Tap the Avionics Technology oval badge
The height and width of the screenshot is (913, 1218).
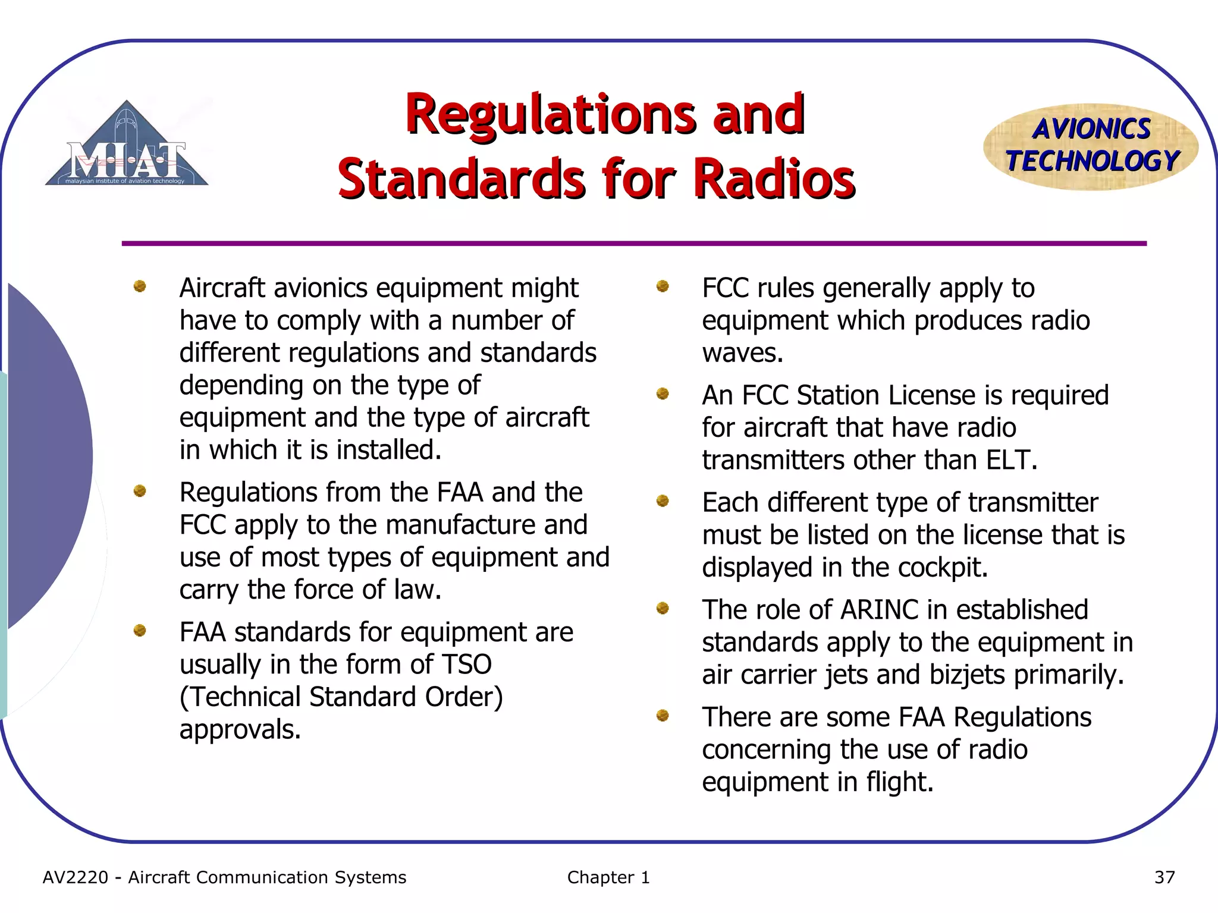[1091, 146]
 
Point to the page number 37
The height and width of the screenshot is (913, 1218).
[1164, 877]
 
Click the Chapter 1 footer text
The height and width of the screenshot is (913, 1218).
[608, 877]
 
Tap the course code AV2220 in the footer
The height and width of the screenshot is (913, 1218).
[76, 877]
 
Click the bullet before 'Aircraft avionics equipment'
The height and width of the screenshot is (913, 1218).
[140, 287]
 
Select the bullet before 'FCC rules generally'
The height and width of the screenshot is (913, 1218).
[663, 287]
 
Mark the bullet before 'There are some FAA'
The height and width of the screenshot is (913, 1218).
[663, 715]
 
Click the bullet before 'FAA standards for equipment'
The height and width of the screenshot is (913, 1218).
[140, 630]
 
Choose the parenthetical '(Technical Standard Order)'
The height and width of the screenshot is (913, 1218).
[341, 697]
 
